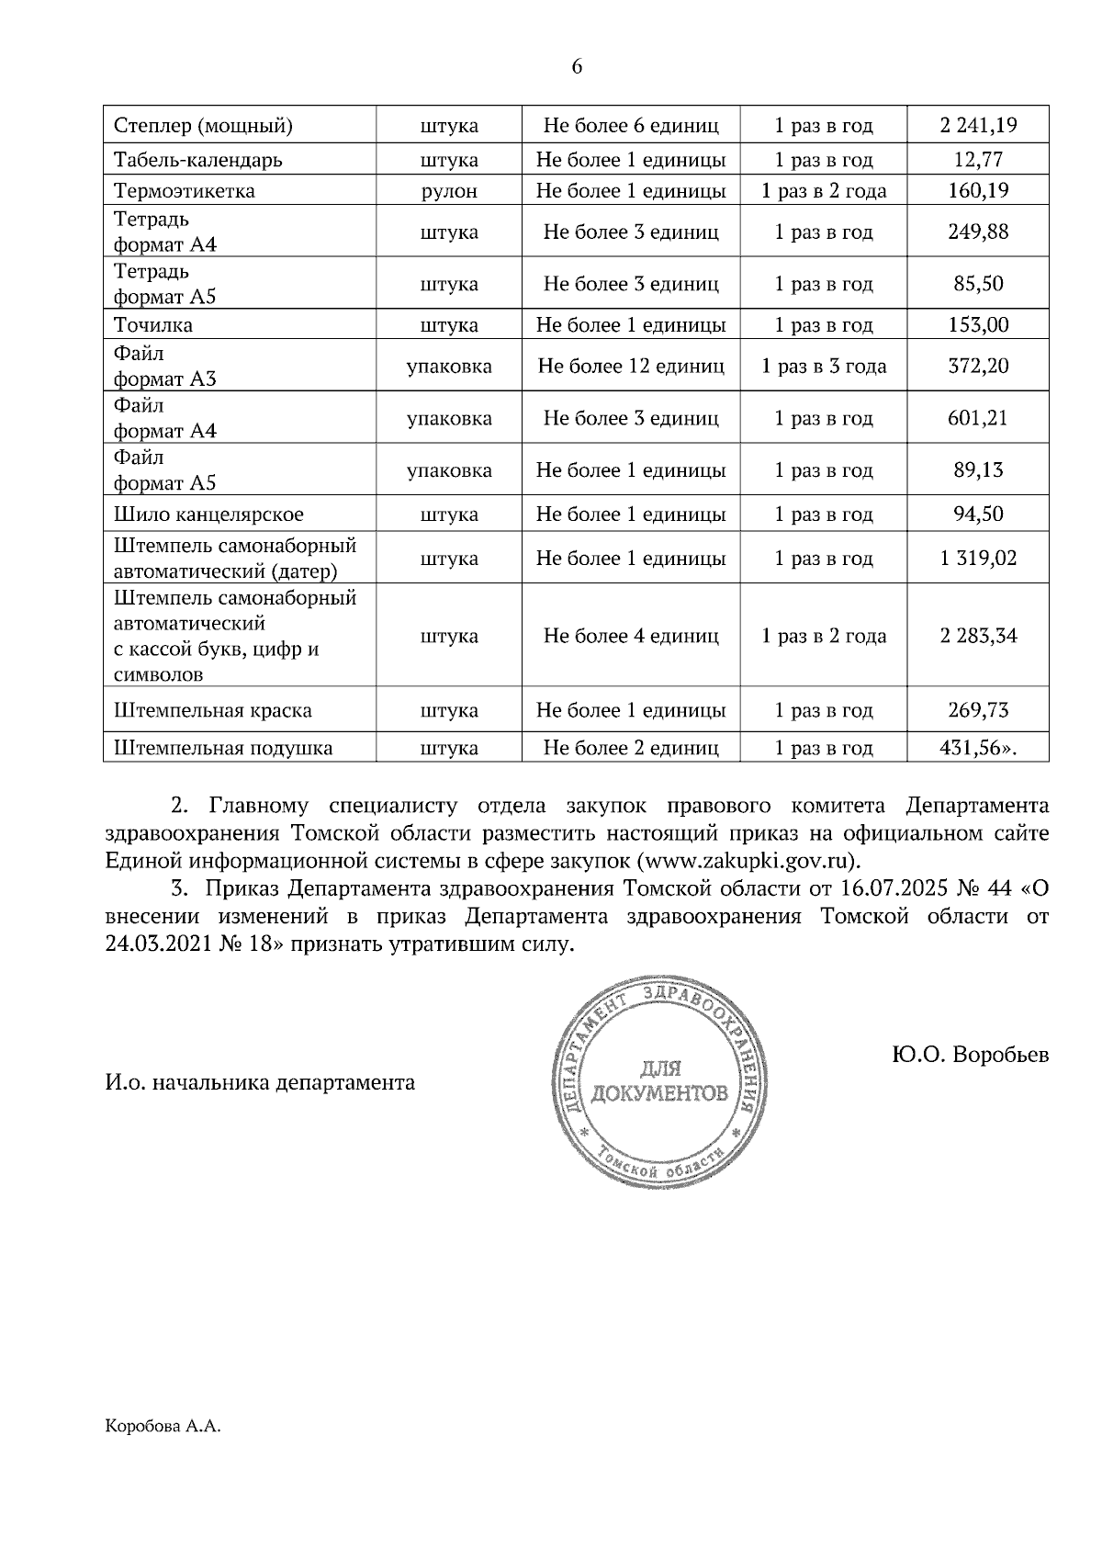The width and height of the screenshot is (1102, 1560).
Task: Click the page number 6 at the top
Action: click(x=577, y=67)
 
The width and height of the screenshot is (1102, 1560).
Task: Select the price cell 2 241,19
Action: click(x=978, y=125)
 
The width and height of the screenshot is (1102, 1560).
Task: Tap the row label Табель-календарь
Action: click(x=197, y=160)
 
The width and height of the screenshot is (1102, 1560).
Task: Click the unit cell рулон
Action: click(x=449, y=191)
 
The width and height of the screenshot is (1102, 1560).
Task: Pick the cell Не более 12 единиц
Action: click(x=630, y=367)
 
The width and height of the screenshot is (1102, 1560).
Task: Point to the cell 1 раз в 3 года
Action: click(x=824, y=367)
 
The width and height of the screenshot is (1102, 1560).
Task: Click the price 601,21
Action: click(x=978, y=418)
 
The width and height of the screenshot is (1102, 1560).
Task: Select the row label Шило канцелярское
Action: click(x=208, y=514)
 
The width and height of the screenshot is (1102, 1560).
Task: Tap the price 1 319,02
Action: click(x=978, y=559)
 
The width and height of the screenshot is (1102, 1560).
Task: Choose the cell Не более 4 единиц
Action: click(x=630, y=636)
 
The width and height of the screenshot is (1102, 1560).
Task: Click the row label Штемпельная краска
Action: click(x=213, y=711)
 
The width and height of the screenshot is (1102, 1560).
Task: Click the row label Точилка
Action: click(x=153, y=325)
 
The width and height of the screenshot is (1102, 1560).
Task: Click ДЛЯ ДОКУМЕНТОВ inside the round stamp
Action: click(x=660, y=1082)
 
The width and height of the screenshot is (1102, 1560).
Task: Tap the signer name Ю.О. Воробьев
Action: click(x=969, y=1055)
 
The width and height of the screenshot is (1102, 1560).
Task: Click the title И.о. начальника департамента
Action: click(x=260, y=1082)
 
